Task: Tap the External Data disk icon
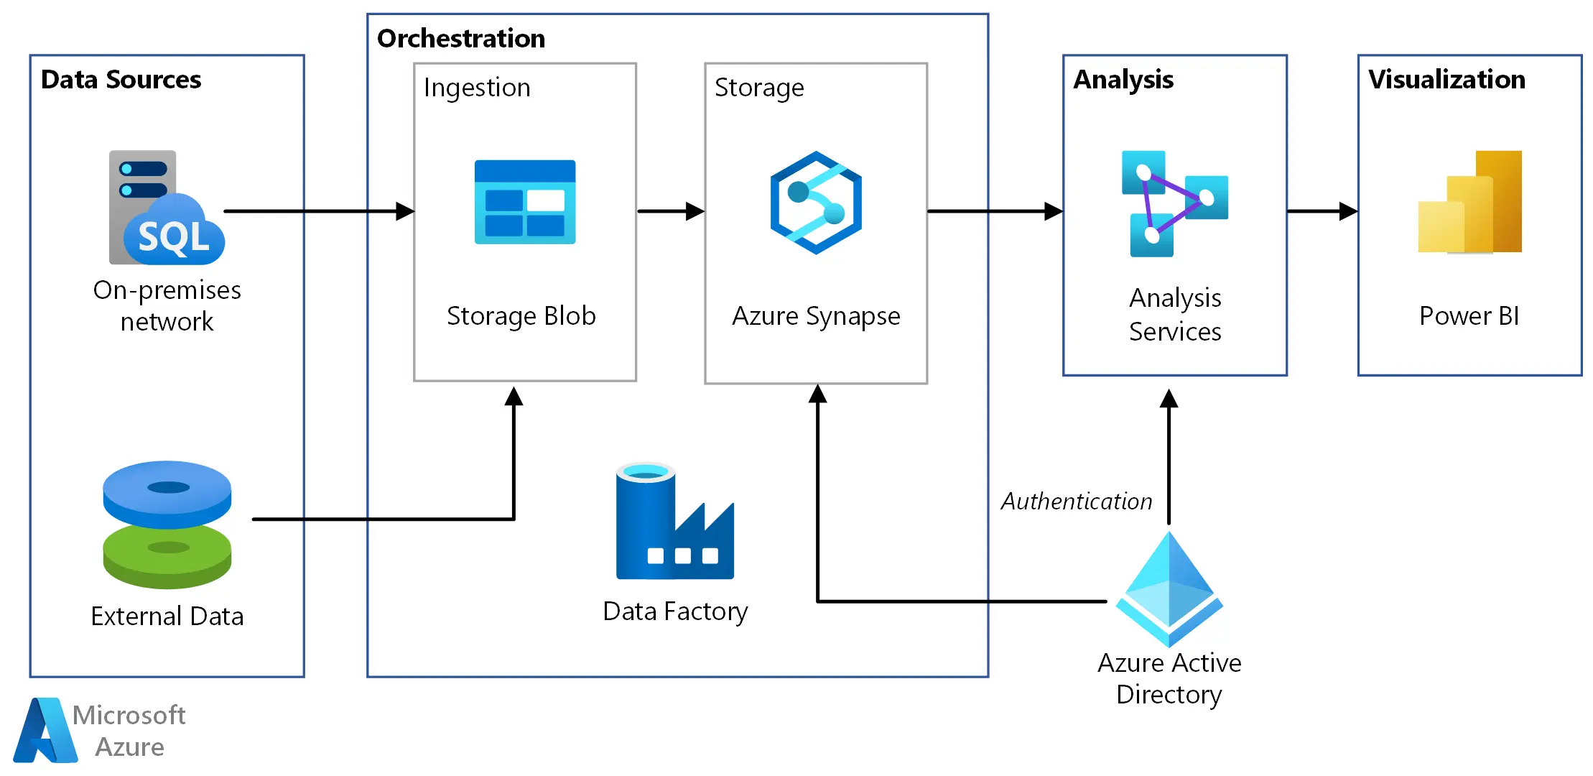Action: pyautogui.click(x=167, y=525)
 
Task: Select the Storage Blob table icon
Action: pyautogui.click(x=525, y=202)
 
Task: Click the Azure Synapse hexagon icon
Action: pyautogui.click(x=816, y=203)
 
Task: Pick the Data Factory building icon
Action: pyautogui.click(x=674, y=522)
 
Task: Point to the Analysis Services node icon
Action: pyautogui.click(x=1174, y=203)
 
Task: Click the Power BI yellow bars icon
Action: pyautogui.click(x=1469, y=203)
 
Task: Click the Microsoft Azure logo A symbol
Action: pyautogui.click(x=45, y=731)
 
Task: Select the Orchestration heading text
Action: pyautogui.click(x=460, y=38)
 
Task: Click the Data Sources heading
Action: pyautogui.click(x=121, y=79)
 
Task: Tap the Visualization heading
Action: pyautogui.click(x=1446, y=79)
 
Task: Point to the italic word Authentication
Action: pyautogui.click(x=1077, y=502)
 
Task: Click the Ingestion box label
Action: pyautogui.click(x=477, y=88)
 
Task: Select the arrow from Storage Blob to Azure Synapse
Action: pyautogui.click(x=670, y=211)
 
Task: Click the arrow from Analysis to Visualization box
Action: pyautogui.click(x=1322, y=211)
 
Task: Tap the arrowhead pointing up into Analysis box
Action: pyautogui.click(x=1169, y=398)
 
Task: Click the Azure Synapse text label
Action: pyautogui.click(x=816, y=316)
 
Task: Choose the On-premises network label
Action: pyautogui.click(x=167, y=305)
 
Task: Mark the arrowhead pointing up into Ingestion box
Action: pyautogui.click(x=514, y=396)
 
